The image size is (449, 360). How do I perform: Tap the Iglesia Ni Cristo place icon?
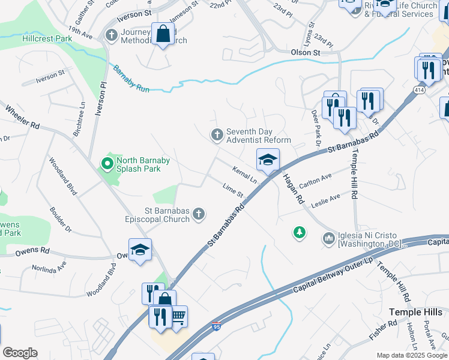point(328,239)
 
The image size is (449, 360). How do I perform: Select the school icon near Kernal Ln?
point(268,160)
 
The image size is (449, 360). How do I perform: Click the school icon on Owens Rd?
point(140,250)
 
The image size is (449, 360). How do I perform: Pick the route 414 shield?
point(420,89)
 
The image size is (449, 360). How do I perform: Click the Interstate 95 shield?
point(216,326)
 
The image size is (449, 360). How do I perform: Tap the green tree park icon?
point(299,232)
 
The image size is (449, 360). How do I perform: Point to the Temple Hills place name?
point(415,312)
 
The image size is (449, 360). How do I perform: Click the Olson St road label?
point(306,53)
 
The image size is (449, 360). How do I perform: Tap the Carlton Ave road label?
point(315,181)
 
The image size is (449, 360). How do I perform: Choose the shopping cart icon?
point(178,316)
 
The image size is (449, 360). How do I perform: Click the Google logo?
point(20,353)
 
